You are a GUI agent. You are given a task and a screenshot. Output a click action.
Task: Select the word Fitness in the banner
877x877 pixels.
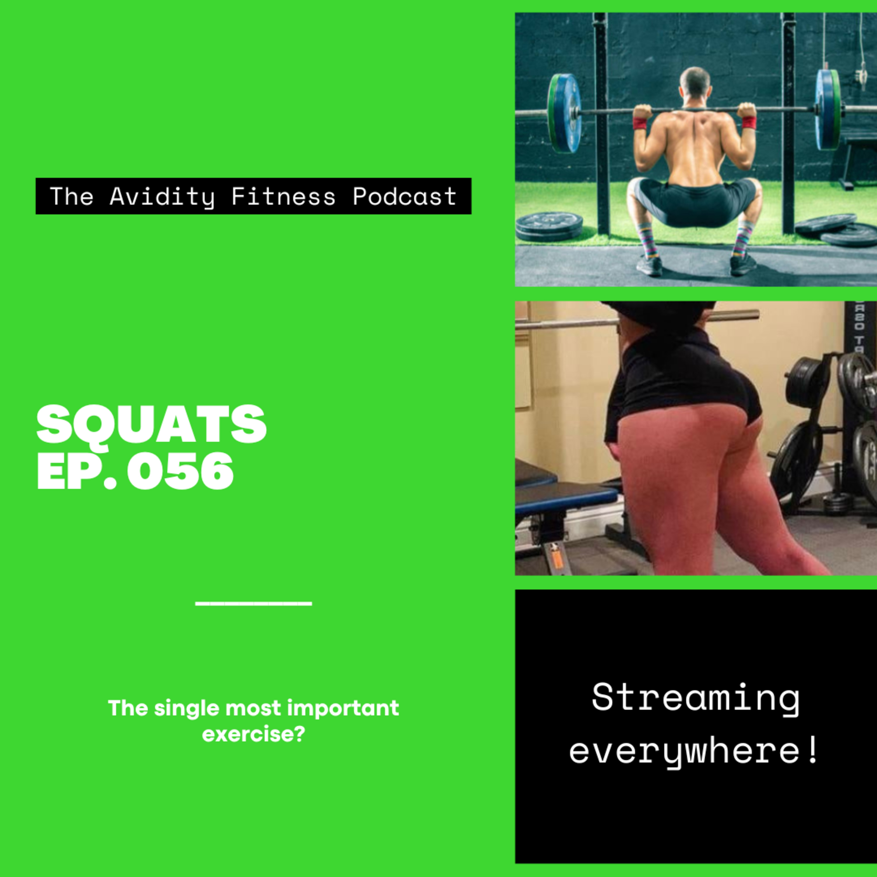(284, 196)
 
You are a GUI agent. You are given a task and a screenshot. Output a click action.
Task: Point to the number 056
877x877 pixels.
(180, 471)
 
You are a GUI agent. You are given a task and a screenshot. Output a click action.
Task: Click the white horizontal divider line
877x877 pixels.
(253, 604)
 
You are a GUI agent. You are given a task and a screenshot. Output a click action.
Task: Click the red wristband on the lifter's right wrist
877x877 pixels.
(749, 122)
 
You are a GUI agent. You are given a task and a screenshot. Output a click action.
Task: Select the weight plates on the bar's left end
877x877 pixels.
(564, 113)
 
